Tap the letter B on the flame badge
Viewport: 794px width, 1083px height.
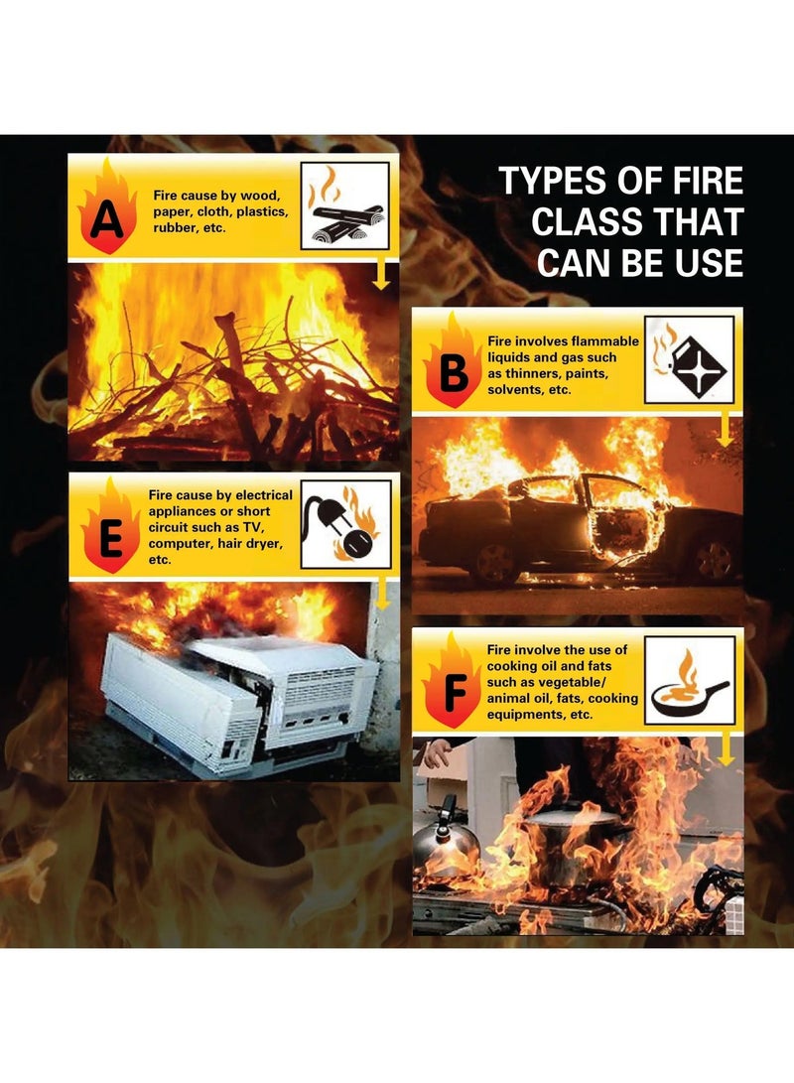tap(453, 374)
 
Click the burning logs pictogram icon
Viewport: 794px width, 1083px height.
tap(344, 205)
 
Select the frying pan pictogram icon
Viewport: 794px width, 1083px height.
tap(689, 680)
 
